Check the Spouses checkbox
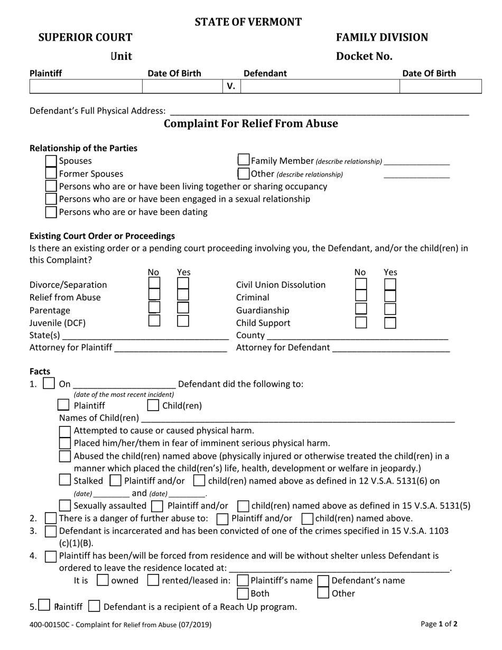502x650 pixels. pos(51,161)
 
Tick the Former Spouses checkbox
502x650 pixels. pos(51,174)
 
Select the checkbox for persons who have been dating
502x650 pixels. pos(51,212)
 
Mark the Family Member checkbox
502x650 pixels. pos(243,160)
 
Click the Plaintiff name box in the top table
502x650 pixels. pos(86,87)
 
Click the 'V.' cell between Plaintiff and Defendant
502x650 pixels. pos(231,87)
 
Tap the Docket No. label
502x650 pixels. pos(364,56)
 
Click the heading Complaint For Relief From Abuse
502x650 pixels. pos(250,124)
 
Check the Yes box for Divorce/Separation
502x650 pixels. pos(183,284)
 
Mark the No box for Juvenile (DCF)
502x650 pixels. pos(154,320)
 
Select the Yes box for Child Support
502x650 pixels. pos(390,322)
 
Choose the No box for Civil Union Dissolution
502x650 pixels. pos(361,284)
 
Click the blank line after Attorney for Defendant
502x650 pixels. pos(391,348)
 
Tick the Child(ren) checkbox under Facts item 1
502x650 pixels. pos(153,406)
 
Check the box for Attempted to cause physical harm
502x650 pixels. pos(65,431)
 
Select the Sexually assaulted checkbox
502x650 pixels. pos(65,506)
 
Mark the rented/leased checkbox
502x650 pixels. pos(153,580)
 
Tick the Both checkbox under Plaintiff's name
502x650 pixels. pos(243,593)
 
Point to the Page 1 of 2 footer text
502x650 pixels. pos(439,624)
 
